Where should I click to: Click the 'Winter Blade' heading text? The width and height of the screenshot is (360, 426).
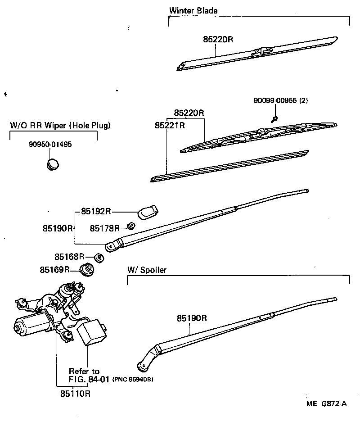coord(193,10)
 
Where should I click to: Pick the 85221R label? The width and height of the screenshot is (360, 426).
coord(170,125)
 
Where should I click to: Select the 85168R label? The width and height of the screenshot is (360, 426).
coord(70,256)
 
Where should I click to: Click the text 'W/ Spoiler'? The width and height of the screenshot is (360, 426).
coord(147,270)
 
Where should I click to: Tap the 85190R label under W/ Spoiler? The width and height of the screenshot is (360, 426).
coord(191,318)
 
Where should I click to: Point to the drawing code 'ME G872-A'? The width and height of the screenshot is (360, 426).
coord(327,403)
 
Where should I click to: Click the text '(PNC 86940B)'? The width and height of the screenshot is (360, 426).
coord(133,380)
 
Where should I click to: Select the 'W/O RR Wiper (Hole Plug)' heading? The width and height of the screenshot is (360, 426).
coord(60,125)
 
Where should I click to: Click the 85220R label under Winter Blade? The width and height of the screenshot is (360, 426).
coord(218,39)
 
